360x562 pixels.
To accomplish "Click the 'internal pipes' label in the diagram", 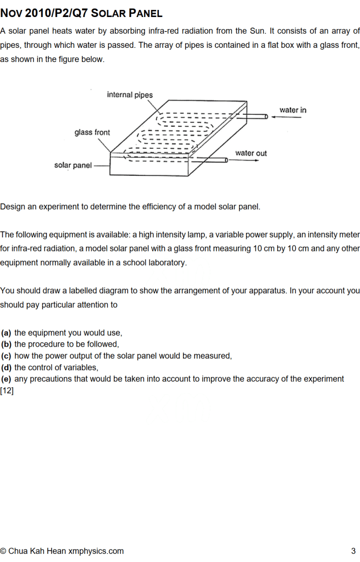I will [130, 95].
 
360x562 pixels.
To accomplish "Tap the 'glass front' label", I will [92, 132].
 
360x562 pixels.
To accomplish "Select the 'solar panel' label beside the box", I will [73, 165].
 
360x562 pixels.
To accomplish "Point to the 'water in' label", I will [293, 110].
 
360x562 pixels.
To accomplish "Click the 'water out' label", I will [251, 153].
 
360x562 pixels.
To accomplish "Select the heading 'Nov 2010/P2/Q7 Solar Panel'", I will [81, 13].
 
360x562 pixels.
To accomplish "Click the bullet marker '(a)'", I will [7, 333].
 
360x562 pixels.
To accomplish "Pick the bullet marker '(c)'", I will [7, 356].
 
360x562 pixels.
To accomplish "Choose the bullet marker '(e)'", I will [7, 379].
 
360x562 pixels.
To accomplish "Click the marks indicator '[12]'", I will [7, 391].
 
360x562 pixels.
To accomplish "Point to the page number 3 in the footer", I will [353, 551].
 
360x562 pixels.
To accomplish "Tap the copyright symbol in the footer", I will [4, 551].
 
